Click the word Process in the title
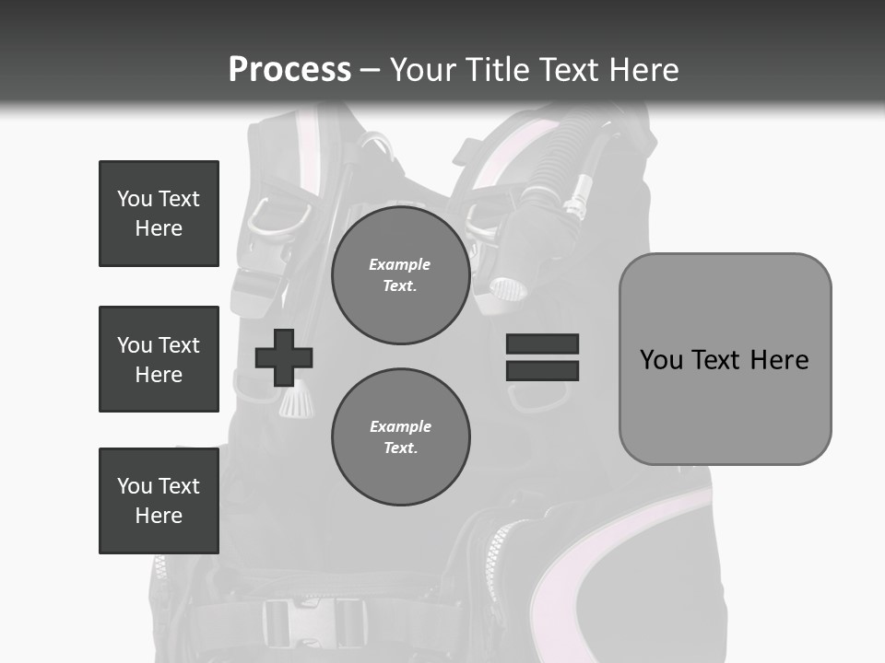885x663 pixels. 289,70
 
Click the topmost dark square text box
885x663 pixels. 159,214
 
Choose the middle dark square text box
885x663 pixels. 159,359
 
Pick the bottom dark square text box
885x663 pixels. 159,501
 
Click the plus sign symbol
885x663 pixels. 284,357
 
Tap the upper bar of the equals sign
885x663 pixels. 542,344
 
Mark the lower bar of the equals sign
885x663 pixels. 542,371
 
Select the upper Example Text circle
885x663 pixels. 400,275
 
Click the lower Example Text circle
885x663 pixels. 400,437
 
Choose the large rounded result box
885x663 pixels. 725,359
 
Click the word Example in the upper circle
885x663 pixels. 400,264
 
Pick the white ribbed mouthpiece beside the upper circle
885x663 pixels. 508,288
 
